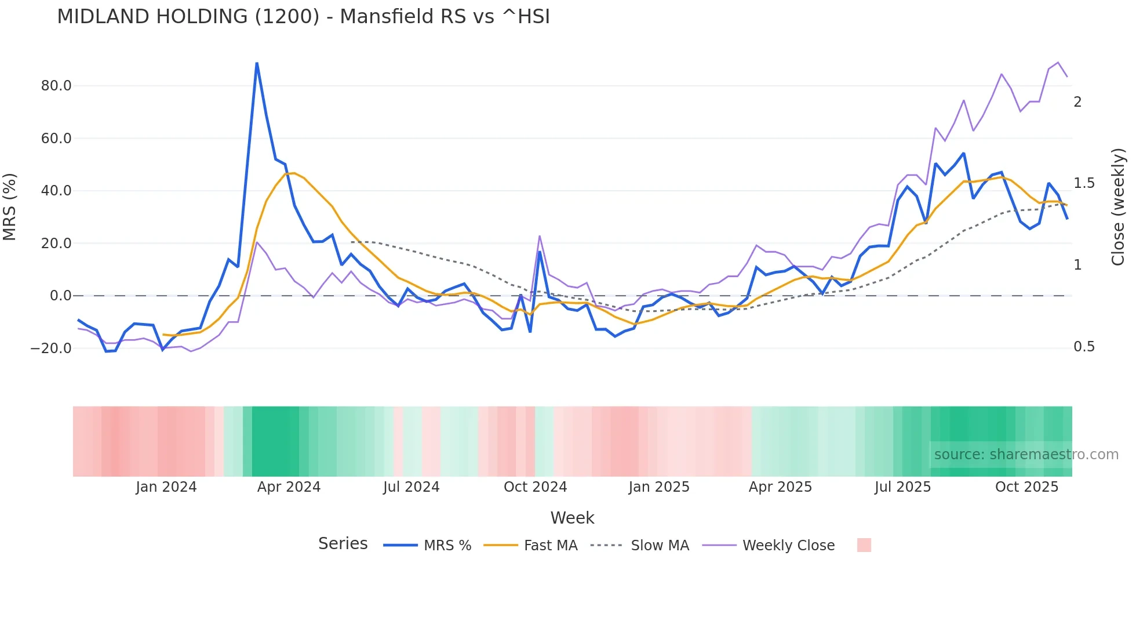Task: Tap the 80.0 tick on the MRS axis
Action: (x=56, y=86)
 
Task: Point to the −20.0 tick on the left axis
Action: (x=51, y=348)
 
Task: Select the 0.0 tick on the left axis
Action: (x=60, y=296)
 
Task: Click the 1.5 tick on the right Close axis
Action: (x=1084, y=183)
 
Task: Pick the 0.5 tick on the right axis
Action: (x=1084, y=347)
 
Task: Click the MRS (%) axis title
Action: (x=10, y=206)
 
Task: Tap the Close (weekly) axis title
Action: (x=1118, y=207)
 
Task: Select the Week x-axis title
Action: (x=572, y=518)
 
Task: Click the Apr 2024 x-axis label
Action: (x=289, y=487)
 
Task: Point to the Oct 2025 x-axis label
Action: (x=1026, y=487)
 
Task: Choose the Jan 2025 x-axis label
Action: (x=659, y=487)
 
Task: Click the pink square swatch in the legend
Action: (x=864, y=545)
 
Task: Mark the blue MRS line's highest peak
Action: (x=257, y=63)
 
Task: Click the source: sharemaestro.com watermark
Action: (x=1026, y=455)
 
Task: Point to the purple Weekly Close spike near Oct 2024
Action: (x=540, y=236)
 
